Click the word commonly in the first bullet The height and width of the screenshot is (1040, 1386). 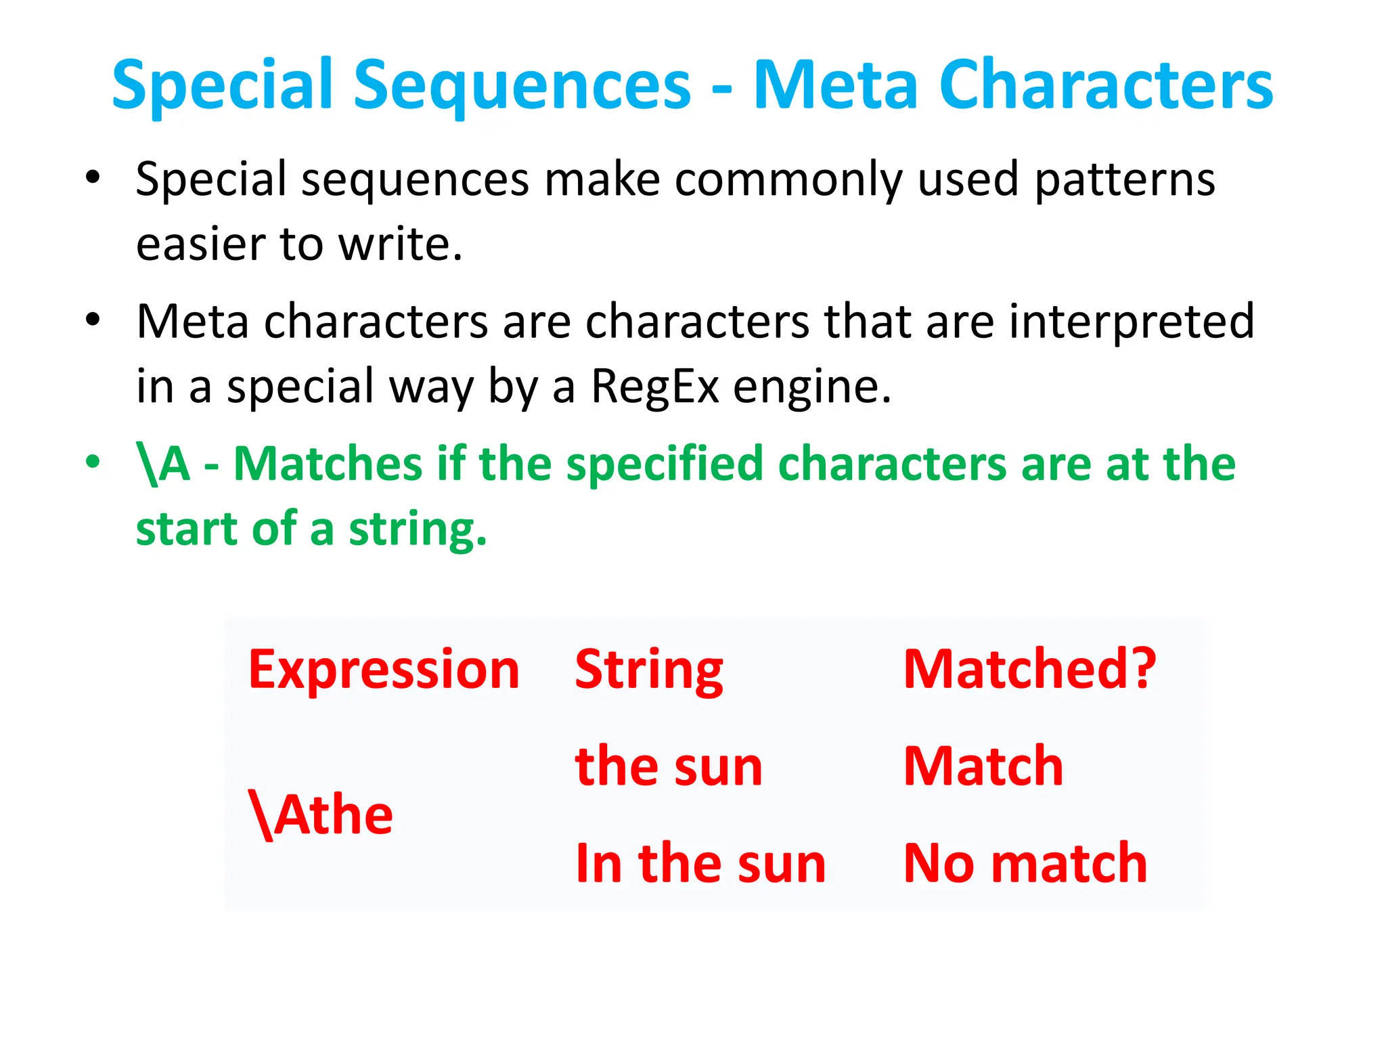788,180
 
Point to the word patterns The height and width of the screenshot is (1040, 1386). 1125,180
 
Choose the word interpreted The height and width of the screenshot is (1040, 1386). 1132,322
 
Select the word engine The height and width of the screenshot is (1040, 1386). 812,387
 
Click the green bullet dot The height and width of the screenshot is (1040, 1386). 93,462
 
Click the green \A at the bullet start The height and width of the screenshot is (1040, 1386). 163,464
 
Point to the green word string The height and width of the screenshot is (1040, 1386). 417,529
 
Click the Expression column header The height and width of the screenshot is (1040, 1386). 384,670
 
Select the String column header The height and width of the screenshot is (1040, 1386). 649,670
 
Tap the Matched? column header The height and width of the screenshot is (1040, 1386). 1029,668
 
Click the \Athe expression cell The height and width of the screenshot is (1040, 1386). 321,815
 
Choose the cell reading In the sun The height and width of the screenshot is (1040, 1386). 700,863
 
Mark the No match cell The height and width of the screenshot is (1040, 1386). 1025,863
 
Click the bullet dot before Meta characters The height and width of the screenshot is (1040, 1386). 93,319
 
